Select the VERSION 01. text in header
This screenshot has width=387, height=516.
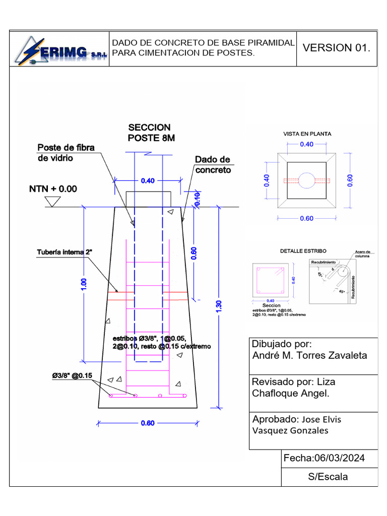point(336,48)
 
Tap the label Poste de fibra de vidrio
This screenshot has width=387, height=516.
point(66,153)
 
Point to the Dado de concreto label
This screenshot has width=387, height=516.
point(212,165)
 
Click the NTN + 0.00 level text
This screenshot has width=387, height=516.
point(53,189)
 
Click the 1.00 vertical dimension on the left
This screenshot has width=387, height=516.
point(84,284)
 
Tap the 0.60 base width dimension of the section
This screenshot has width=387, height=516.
point(148,423)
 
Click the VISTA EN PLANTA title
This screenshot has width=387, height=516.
point(307,134)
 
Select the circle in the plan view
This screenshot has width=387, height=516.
point(306,180)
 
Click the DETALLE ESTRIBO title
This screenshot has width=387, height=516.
point(303,250)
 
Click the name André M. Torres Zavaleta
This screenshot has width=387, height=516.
point(309,356)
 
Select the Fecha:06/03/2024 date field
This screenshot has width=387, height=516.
point(324,458)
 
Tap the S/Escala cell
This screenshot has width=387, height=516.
point(328,477)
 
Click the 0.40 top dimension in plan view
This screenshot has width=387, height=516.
point(306,144)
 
